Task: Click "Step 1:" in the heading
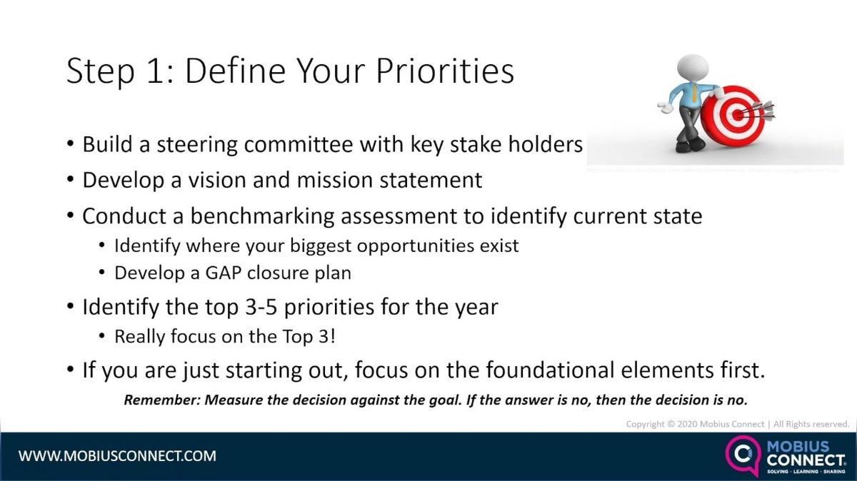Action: pos(115,72)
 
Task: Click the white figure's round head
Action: pos(692,69)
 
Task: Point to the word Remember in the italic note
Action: pos(161,400)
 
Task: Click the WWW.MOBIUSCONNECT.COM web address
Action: pos(117,455)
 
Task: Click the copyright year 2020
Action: pos(689,424)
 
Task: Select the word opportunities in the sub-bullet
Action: pos(417,245)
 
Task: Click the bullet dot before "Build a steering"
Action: pos(70,144)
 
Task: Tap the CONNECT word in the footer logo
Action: pos(806,460)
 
